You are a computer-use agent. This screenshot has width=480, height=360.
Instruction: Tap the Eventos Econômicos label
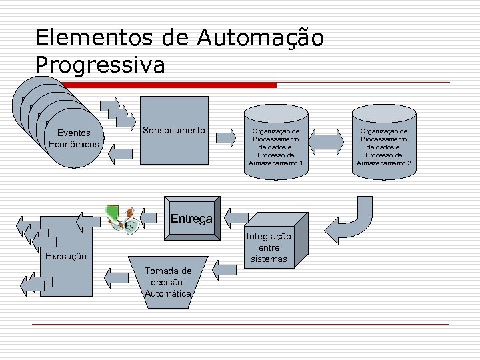(74, 139)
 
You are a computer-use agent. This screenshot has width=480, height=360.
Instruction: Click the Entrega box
(191, 219)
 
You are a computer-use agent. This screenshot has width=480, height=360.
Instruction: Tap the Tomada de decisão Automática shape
(168, 281)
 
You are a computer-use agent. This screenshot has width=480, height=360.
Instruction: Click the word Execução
(65, 256)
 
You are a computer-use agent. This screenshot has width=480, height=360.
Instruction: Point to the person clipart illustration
(124, 217)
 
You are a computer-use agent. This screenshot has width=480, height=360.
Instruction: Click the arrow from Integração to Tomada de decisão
(225, 269)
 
